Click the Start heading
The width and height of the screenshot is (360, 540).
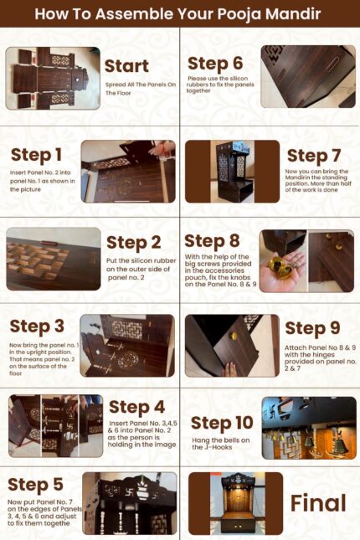[126, 66]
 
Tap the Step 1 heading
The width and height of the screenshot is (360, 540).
[36, 156]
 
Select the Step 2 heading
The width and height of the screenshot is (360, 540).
[134, 243]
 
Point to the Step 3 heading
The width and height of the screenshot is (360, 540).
[37, 327]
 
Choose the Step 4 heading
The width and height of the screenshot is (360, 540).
[136, 408]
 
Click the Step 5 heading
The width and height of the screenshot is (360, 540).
[35, 485]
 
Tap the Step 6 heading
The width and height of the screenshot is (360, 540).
[215, 64]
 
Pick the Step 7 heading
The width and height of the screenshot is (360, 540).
[314, 156]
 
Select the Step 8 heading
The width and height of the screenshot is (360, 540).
[212, 241]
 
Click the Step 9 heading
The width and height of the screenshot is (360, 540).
[312, 328]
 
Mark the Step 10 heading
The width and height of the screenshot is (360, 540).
[222, 424]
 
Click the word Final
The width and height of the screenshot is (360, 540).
[318, 503]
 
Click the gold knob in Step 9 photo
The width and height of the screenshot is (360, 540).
[234, 336]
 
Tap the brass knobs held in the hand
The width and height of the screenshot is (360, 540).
[280, 268]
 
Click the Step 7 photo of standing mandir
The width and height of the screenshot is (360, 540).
[232, 171]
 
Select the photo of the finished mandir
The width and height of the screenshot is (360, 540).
[235, 503]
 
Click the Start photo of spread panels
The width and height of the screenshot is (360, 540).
[53, 78]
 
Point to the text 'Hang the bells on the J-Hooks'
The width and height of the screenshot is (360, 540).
[221, 444]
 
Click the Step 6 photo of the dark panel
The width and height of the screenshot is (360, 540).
[308, 76]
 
